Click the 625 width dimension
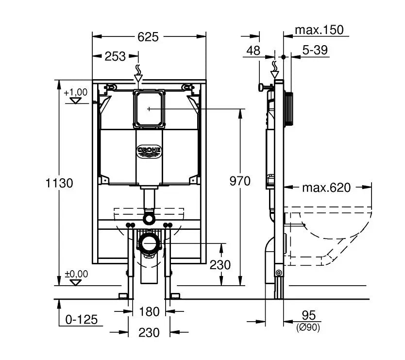click(x=148, y=37)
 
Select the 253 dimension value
click(x=115, y=56)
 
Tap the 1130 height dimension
click(x=59, y=183)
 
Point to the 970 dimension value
click(x=240, y=181)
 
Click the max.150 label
click(x=319, y=30)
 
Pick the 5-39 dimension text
click(x=315, y=50)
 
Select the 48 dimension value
click(x=253, y=51)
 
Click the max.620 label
click(x=326, y=188)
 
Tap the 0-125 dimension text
click(x=81, y=319)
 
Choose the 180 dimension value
click(x=149, y=311)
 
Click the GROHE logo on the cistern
click(x=149, y=151)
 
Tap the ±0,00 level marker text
click(x=76, y=274)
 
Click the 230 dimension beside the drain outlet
click(x=220, y=265)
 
